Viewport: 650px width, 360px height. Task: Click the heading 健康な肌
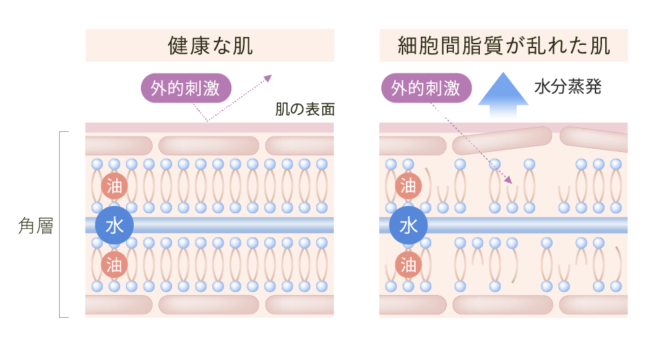click(210, 45)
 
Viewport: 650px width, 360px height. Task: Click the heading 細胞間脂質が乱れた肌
click(503, 45)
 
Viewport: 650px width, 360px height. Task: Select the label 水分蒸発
click(568, 87)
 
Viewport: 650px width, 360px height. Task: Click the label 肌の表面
click(305, 109)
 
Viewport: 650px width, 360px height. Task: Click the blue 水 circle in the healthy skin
click(114, 225)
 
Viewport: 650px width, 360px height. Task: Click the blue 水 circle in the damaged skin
click(408, 225)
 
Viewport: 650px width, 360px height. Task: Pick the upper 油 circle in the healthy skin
click(114, 187)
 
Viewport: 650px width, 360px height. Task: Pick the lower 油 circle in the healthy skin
click(114, 264)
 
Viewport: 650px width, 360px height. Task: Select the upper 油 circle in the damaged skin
click(408, 187)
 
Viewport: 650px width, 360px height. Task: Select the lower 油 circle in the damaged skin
click(408, 264)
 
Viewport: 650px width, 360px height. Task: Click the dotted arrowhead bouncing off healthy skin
click(268, 78)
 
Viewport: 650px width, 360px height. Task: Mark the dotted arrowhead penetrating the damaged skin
click(508, 179)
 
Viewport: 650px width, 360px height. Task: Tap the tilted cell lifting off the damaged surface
click(502, 140)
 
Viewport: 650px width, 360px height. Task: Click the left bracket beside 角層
click(61, 224)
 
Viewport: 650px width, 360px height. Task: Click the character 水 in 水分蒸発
click(542, 87)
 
